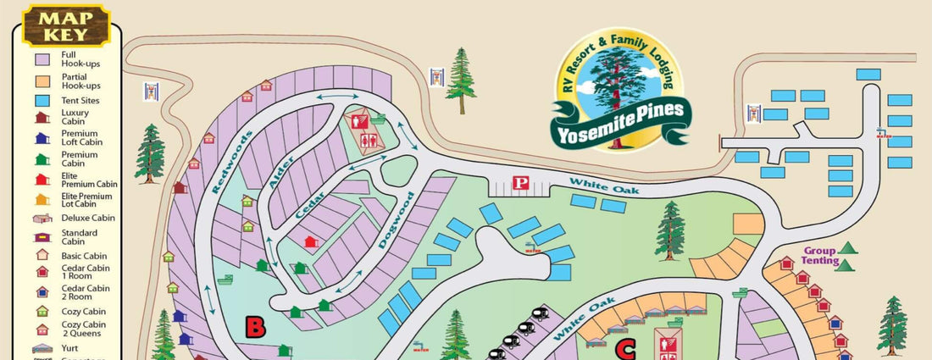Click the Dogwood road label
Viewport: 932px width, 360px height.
[396, 219]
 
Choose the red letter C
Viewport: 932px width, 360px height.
[625, 348]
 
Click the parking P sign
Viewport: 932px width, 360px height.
[523, 183]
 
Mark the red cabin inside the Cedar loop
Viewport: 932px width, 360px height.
[311, 243]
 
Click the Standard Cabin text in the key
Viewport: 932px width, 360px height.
[80, 236]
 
